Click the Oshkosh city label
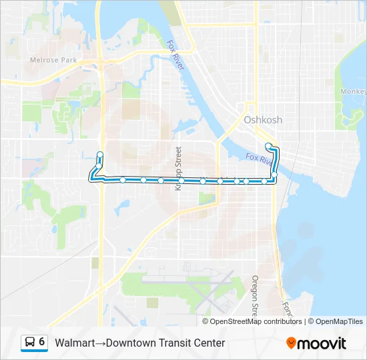[x=262, y=120]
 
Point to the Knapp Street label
[x=178, y=169]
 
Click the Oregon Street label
[x=255, y=295]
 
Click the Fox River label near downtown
[x=260, y=159]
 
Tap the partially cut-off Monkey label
[x=353, y=91]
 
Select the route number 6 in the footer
[x=42, y=342]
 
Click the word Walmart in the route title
[x=73, y=343]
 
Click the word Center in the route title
[x=208, y=343]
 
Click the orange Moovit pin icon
[x=291, y=343]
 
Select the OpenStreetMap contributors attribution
[x=256, y=321]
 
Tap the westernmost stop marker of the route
[x=100, y=155]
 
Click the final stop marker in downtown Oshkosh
[x=268, y=145]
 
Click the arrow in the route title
[x=100, y=343]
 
